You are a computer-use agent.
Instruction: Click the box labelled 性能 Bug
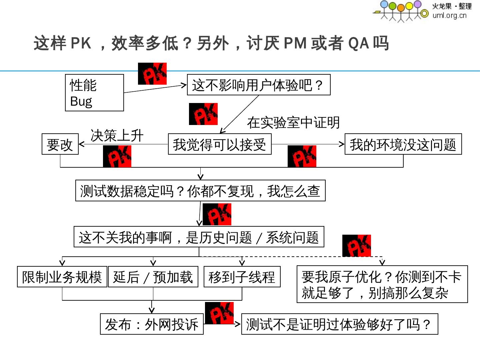tap(94, 93)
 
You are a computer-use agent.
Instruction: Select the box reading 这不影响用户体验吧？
tap(259, 85)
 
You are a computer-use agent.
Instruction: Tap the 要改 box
tap(60, 144)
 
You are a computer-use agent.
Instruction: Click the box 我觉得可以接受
tap(220, 144)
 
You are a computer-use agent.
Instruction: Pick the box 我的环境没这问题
tap(403, 144)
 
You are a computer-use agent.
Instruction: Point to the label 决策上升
tap(117, 135)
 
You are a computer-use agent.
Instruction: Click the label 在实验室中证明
tap(293, 122)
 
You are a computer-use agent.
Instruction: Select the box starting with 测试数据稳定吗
tap(200, 191)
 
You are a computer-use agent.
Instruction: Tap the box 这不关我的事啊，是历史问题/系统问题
tap(199, 237)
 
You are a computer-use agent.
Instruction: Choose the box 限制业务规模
tap(62, 277)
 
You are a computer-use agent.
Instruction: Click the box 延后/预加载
tap(153, 277)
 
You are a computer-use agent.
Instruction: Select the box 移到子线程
tap(242, 277)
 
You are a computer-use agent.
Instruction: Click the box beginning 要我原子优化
tap(382, 284)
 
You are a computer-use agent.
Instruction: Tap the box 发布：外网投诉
tap(152, 324)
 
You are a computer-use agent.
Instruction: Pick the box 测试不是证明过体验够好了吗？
tap(339, 324)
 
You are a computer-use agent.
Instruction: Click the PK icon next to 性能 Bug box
tap(152, 73)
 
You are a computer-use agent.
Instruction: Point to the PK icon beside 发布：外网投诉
tap(219, 313)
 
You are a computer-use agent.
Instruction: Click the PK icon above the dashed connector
tap(356, 246)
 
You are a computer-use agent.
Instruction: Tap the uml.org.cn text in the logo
tap(449, 15)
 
